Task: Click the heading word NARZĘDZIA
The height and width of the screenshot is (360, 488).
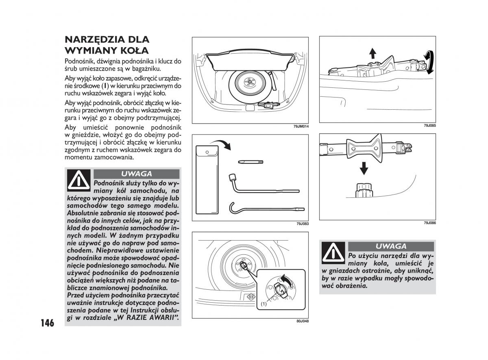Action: click(x=96, y=40)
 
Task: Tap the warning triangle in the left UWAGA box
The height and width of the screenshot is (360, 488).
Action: click(x=79, y=180)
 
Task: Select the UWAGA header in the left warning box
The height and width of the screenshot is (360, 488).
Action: click(x=136, y=174)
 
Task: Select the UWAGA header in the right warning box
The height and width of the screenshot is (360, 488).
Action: click(x=391, y=246)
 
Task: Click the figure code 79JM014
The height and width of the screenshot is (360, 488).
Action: click(x=301, y=126)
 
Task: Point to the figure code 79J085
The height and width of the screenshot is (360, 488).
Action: click(x=429, y=126)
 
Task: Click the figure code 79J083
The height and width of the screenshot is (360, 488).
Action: click(x=303, y=224)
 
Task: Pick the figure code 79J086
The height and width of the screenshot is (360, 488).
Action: click(x=429, y=223)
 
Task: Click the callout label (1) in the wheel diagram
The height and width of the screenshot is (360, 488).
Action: click(x=264, y=304)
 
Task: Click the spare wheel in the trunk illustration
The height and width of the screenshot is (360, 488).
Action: click(x=247, y=83)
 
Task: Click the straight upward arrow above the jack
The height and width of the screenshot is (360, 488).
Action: click(x=373, y=52)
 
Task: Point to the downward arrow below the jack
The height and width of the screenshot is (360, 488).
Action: click(x=364, y=167)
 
